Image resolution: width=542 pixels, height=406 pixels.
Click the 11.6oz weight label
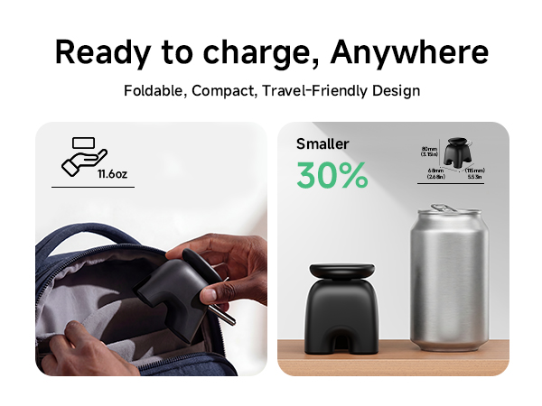coord(112,173)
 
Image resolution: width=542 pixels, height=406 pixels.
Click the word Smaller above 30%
coord(322,143)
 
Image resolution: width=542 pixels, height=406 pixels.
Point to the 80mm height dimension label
coord(430,151)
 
